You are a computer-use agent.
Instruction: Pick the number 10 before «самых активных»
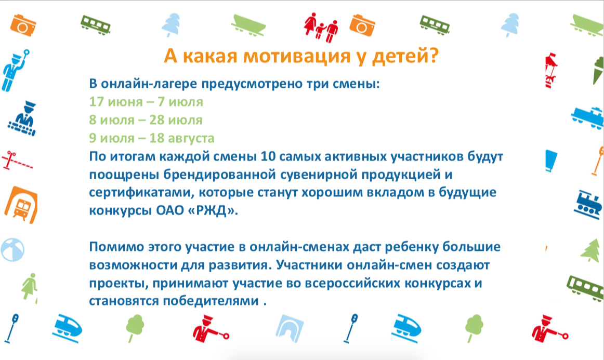pyautogui.click(x=267, y=156)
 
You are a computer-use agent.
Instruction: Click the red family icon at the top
pyautogui.click(x=321, y=27)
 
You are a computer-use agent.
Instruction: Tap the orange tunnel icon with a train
pyautogui.click(x=21, y=205)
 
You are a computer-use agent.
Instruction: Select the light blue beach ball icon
pyautogui.click(x=12, y=250)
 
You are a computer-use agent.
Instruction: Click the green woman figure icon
pyautogui.click(x=29, y=286)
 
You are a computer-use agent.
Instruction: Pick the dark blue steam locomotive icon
pyautogui.click(x=587, y=205)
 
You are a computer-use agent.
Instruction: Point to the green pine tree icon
pyautogui.click(x=590, y=250)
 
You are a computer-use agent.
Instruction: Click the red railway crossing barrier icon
pyautogui.click(x=17, y=161)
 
